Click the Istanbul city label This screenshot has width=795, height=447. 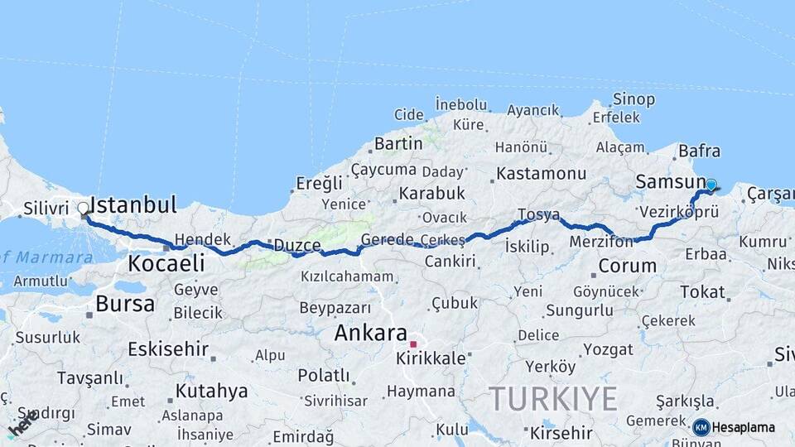pyautogui.click(x=133, y=205)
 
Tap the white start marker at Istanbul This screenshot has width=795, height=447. pyautogui.click(x=84, y=209)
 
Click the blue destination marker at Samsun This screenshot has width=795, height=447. pyautogui.click(x=711, y=185)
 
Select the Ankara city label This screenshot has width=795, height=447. pyautogui.click(x=370, y=334)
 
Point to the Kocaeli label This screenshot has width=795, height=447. pyautogui.click(x=166, y=264)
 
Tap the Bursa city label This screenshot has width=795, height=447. pyautogui.click(x=124, y=304)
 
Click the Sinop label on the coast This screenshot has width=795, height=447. pyautogui.click(x=634, y=99)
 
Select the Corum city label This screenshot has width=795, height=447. pyautogui.click(x=627, y=267)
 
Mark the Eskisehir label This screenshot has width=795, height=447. pyautogui.click(x=168, y=348)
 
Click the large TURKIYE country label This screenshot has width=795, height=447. pyautogui.click(x=552, y=399)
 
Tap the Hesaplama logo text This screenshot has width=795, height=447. pyautogui.click(x=743, y=427)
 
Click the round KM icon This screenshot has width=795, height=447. pyautogui.click(x=701, y=427)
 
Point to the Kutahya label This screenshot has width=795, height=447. pyautogui.click(x=211, y=391)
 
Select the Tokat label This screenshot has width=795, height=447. pyautogui.click(x=702, y=291)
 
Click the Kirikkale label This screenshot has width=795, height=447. pyautogui.click(x=431, y=359)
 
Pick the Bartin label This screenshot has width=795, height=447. pyautogui.click(x=398, y=144)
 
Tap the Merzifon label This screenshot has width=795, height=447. pyautogui.click(x=600, y=242)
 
